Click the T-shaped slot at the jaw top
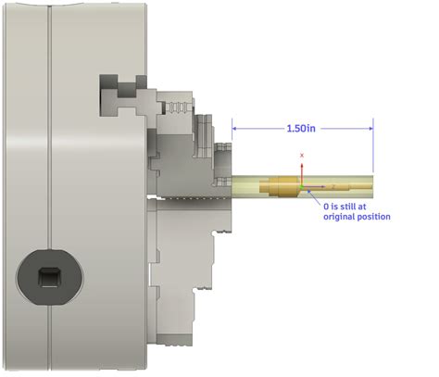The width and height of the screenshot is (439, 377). (x=119, y=92)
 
